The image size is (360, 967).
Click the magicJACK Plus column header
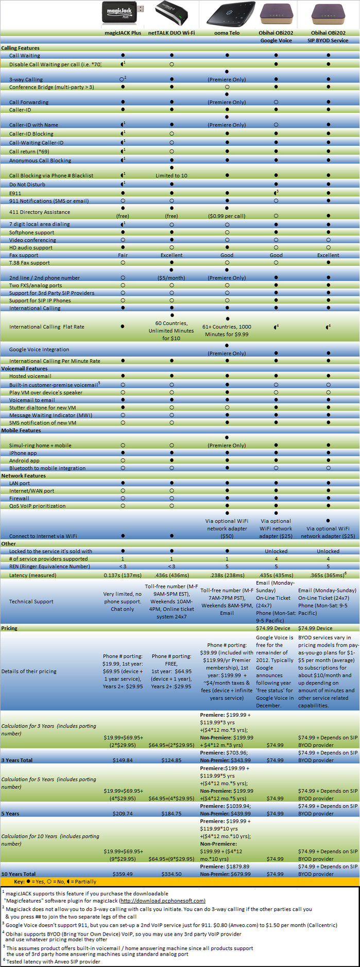tap(123, 33)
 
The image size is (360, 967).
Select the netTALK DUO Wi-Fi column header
tap(172, 33)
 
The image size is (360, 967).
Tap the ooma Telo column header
tap(227, 33)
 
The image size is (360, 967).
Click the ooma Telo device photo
tap(227, 13)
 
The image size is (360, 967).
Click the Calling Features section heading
tap(21, 48)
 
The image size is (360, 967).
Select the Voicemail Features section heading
tap(24, 368)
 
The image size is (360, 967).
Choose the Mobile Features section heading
tap(21, 430)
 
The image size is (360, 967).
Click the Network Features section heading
tap(24, 476)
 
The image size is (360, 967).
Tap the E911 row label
tap(15, 194)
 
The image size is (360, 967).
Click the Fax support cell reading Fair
tap(123, 255)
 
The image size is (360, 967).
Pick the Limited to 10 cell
tap(172, 176)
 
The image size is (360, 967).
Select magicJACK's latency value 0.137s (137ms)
tap(123, 575)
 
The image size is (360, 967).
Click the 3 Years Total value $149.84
tap(123, 760)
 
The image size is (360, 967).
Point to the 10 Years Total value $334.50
tap(172, 874)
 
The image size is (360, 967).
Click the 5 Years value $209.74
tap(123, 813)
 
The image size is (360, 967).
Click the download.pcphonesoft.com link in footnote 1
tap(162, 901)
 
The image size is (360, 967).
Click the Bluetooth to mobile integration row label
tap(47, 468)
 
